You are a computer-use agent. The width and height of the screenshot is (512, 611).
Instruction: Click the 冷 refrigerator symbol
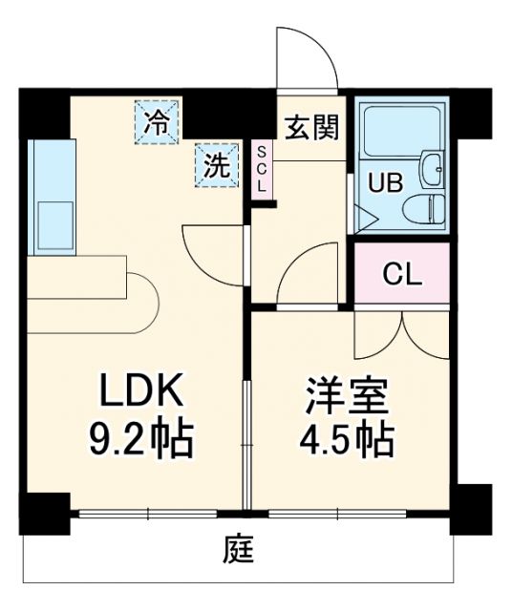[156, 123]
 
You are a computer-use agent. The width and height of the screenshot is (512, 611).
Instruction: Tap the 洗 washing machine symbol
[217, 165]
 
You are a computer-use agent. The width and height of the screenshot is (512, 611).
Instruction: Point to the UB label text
[374, 181]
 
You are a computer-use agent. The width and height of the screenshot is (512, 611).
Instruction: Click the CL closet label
[402, 274]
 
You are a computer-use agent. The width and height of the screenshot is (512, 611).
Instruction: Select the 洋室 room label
[337, 393]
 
